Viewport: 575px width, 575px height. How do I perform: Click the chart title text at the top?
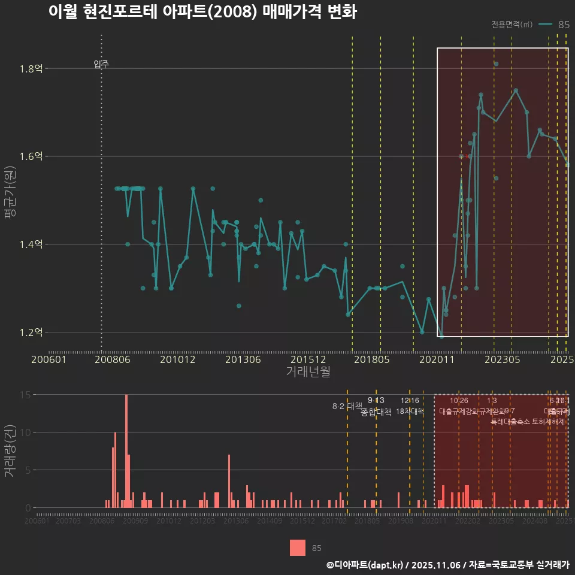202,13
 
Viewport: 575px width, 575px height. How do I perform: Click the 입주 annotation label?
101,64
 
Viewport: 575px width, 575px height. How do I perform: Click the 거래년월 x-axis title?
307,371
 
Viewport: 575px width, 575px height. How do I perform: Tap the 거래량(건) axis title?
10,451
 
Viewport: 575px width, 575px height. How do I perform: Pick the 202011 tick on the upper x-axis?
437,359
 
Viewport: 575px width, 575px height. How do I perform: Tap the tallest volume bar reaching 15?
126,450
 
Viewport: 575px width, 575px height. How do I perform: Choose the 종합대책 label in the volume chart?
376,412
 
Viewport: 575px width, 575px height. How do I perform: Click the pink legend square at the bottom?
297,547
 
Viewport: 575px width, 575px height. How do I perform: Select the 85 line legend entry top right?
554,25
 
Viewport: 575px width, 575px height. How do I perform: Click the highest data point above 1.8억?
496,63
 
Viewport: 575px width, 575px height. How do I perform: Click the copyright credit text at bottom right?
447,564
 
